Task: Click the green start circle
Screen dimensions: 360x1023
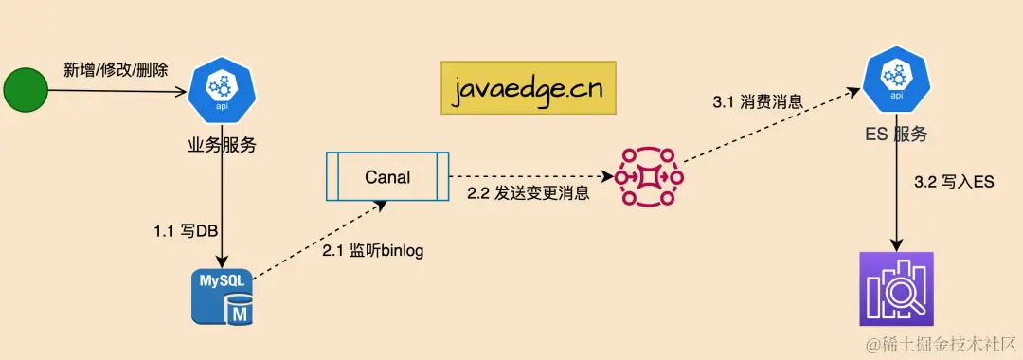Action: coord(25,92)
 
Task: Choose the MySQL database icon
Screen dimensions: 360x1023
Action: coord(222,295)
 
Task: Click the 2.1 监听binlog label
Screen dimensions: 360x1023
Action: coord(373,250)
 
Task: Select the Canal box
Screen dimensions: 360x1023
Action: coord(387,176)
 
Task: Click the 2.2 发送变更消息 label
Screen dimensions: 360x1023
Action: coord(528,194)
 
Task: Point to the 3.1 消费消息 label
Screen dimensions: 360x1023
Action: coord(758,100)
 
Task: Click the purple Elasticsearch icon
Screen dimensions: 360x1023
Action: coord(895,289)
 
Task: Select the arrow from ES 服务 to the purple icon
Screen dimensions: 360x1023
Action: coord(895,199)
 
